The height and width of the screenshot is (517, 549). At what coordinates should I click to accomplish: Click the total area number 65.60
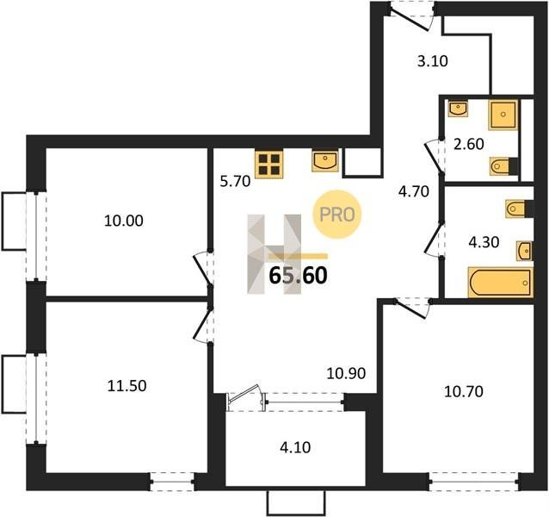(x=298, y=276)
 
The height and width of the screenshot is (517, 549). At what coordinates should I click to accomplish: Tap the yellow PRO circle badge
(x=336, y=215)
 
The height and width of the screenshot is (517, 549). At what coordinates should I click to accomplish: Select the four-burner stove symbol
(x=268, y=164)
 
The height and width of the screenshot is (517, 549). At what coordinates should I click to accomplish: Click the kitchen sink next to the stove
(x=325, y=161)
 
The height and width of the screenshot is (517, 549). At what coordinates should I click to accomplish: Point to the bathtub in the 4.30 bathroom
(x=501, y=283)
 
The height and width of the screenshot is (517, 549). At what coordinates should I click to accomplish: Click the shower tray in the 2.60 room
(x=503, y=115)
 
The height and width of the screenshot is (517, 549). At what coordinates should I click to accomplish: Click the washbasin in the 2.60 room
(x=458, y=109)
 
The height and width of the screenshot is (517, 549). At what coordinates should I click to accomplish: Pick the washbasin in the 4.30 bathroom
(x=525, y=251)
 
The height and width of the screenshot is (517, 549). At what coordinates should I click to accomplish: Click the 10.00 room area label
(x=124, y=221)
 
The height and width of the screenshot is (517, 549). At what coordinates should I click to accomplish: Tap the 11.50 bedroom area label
(x=126, y=386)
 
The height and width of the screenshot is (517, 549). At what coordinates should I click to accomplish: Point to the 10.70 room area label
(x=464, y=391)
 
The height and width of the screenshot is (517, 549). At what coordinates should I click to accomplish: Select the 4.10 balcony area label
(x=295, y=447)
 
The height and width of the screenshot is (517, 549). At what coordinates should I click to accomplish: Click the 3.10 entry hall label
(x=433, y=61)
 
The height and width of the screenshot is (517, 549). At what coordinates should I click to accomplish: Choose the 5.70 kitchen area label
(x=235, y=182)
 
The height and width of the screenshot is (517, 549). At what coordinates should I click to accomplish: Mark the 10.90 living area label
(x=346, y=374)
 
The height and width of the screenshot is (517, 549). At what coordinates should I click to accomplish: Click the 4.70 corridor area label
(x=414, y=192)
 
